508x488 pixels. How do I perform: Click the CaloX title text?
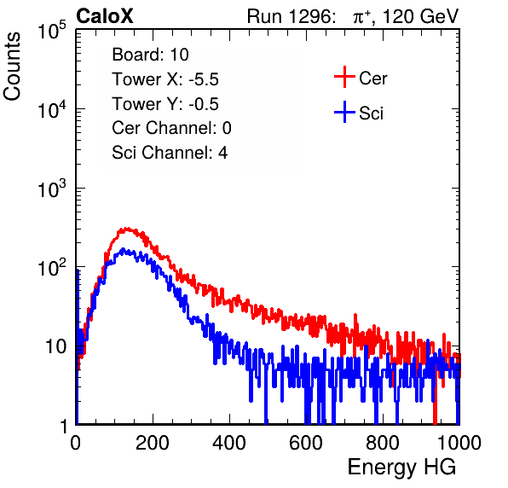click(x=104, y=16)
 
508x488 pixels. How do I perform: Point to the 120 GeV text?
click(x=420, y=16)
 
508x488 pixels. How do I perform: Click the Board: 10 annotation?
click(x=150, y=55)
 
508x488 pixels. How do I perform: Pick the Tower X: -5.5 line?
click(x=165, y=79)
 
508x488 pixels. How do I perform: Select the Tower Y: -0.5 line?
click(x=165, y=104)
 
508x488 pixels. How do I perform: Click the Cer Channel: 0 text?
click(x=171, y=128)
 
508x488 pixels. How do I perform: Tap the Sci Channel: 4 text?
click(x=170, y=153)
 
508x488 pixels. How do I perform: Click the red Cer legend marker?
click(x=344, y=77)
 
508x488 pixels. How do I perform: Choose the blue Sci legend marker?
click(x=344, y=113)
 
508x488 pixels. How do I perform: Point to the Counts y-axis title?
click(x=12, y=67)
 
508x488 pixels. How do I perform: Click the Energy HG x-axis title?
click(x=401, y=468)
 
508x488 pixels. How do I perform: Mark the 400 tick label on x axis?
click(x=229, y=443)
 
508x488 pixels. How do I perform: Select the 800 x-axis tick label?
click(x=383, y=443)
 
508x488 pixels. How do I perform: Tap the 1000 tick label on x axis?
click(x=459, y=443)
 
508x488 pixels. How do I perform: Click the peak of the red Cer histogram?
click(x=125, y=229)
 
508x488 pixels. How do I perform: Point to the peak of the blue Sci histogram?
click(x=123, y=249)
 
